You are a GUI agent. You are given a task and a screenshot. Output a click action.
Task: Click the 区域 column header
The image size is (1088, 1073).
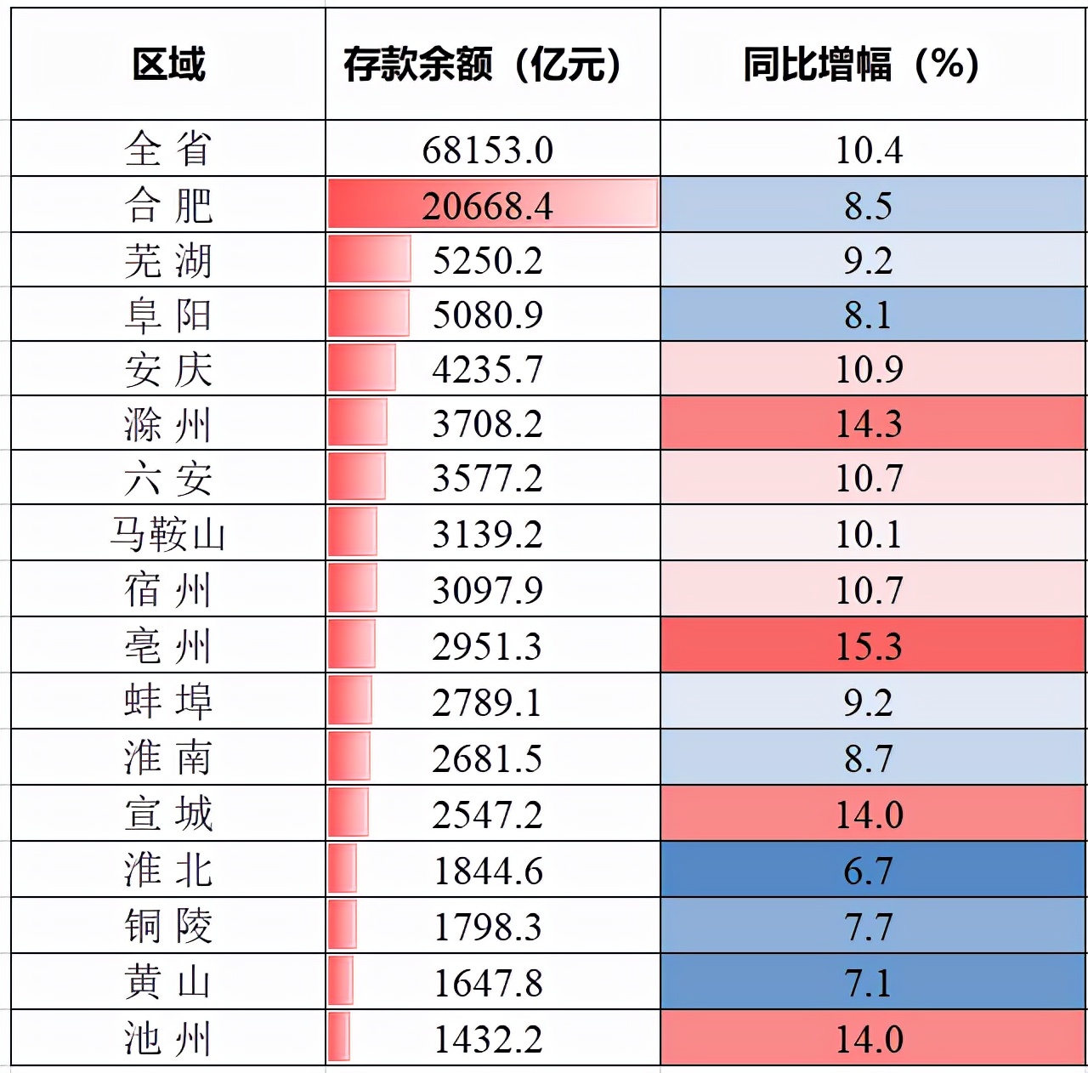(x=168, y=65)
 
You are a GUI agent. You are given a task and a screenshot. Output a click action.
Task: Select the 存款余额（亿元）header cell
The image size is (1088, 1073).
(x=482, y=65)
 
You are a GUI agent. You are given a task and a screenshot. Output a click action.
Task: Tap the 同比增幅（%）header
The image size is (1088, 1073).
(x=861, y=65)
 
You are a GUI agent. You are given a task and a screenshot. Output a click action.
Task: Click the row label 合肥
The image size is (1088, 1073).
(x=168, y=205)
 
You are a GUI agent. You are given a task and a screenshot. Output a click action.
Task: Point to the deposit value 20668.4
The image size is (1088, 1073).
(x=487, y=206)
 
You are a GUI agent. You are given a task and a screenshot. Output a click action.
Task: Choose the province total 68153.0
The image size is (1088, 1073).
(x=487, y=150)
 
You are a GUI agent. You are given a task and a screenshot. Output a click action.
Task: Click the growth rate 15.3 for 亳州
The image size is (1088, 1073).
(x=868, y=646)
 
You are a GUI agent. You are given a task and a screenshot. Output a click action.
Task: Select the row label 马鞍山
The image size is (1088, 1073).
(x=168, y=534)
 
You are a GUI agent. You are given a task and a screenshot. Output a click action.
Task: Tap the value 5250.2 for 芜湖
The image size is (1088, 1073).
(x=487, y=260)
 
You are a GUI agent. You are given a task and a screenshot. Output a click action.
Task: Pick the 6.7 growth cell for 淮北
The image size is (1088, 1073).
(x=868, y=871)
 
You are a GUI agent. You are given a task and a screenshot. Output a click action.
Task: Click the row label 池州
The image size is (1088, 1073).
(x=168, y=1039)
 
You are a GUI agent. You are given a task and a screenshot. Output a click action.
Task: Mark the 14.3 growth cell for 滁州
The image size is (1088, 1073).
(x=868, y=423)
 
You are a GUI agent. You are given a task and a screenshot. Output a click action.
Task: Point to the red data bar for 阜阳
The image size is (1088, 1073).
(x=367, y=314)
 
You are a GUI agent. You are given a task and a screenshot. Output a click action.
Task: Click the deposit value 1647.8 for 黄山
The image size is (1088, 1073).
(x=487, y=983)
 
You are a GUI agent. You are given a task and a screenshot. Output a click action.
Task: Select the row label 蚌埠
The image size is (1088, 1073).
(x=168, y=701)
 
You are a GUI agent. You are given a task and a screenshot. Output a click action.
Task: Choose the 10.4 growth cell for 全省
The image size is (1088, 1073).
(x=868, y=150)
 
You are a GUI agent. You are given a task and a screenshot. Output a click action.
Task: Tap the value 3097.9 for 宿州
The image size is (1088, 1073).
(x=487, y=590)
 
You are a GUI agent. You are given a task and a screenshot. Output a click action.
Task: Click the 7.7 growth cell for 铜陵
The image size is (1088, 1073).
(x=868, y=927)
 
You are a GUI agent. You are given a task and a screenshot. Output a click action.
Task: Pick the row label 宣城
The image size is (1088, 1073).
(x=168, y=814)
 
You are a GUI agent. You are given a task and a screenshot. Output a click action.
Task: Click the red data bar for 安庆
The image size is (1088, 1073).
(x=361, y=368)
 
